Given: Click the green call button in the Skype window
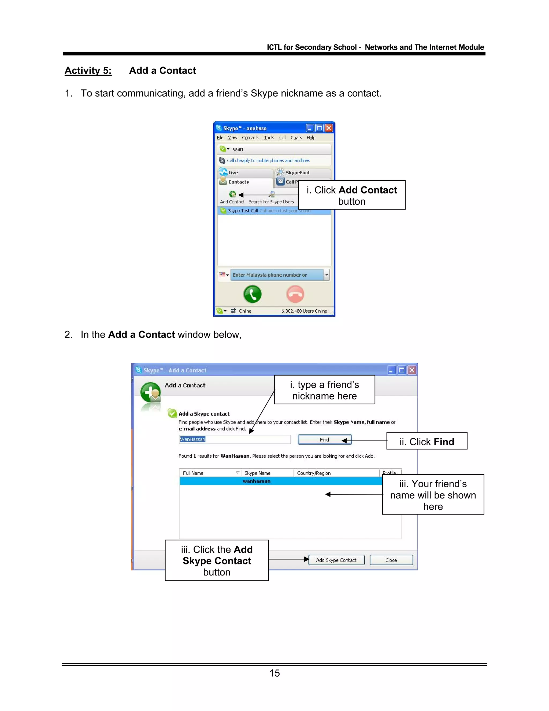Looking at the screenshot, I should coord(252,294).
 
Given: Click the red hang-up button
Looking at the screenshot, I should coord(295,294).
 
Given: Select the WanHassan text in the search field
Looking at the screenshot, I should coord(193,439).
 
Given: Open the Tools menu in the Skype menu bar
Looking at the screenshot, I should coord(269,138).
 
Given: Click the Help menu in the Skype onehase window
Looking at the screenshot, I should coord(311,138).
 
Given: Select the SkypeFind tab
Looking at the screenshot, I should coord(297,173).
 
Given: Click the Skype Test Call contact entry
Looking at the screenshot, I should coord(243,211).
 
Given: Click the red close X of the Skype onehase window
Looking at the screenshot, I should coord(329,128).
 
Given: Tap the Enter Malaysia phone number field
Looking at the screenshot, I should coord(276,275).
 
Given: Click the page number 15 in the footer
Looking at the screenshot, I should coord(274,673).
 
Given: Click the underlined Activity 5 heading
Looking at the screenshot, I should coord(88,71).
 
